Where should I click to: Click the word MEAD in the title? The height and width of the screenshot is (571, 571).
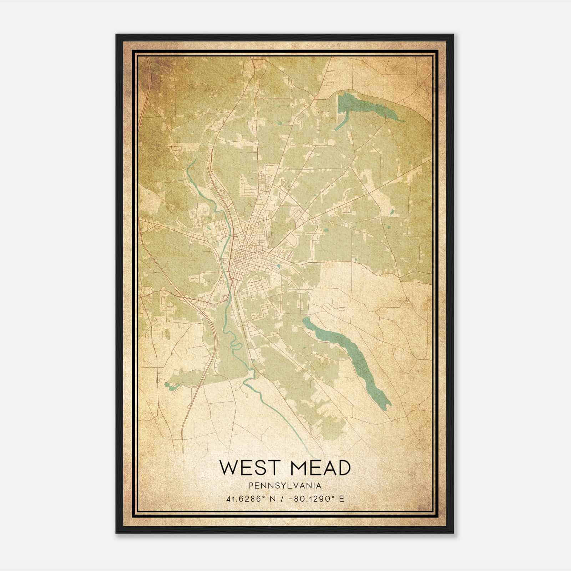pos(321,468)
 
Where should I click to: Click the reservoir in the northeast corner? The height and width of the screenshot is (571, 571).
pos(368,105)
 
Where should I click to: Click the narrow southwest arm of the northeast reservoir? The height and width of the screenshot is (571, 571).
pos(341,123)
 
